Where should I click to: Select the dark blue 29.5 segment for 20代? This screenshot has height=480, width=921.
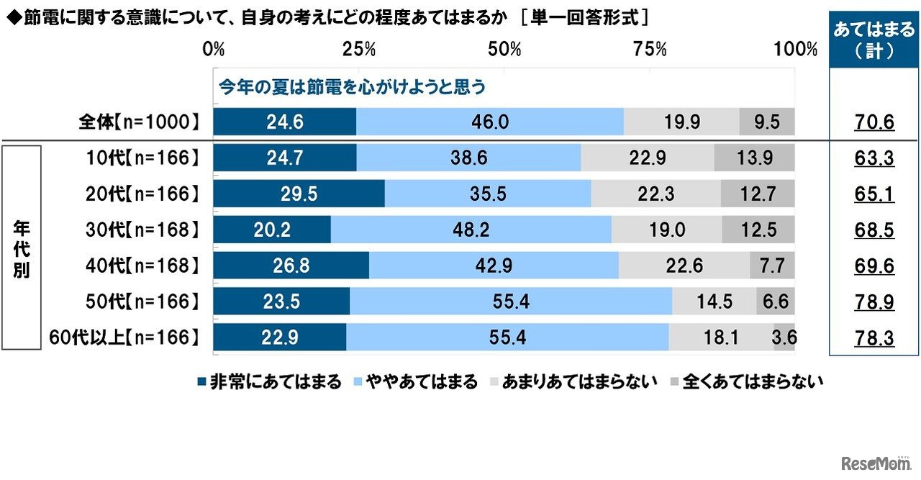coord(299,194)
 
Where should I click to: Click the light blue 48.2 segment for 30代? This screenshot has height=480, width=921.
coord(471,230)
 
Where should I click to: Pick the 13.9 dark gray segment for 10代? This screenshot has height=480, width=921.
coord(755,158)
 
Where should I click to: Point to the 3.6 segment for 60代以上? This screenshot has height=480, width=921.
coord(784,337)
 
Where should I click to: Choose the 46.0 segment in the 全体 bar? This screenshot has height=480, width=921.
coord(490,122)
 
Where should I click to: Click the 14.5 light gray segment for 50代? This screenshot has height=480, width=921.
coord(714,301)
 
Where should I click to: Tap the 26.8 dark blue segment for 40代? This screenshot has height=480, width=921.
coord(291,266)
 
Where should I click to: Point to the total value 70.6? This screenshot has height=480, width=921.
coord(874,122)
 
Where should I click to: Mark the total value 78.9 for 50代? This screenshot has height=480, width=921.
coord(874,302)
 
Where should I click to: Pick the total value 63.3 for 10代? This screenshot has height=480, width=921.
coord(874,158)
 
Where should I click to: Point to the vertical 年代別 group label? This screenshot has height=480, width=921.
coord(22,248)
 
